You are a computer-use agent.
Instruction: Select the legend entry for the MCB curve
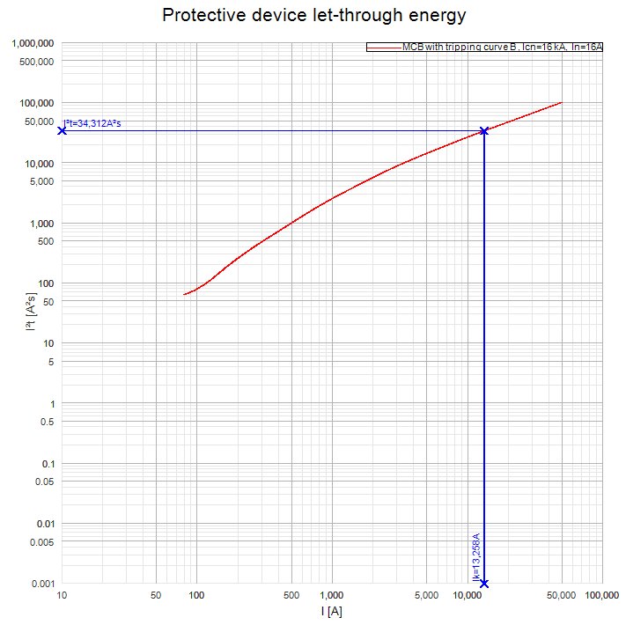tap(502, 47)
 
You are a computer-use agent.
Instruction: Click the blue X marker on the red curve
tap(484, 131)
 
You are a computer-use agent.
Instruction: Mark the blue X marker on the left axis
tap(62, 131)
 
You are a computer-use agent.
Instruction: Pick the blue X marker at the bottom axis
tap(484, 584)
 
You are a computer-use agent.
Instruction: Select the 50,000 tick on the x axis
tap(562, 596)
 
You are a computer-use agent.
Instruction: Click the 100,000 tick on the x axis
tap(601, 596)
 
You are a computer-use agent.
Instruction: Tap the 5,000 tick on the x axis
tap(426, 596)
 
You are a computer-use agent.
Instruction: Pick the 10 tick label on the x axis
tap(62, 596)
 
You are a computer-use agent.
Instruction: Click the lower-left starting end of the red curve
tap(184, 294)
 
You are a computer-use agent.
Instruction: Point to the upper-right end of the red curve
tap(561, 103)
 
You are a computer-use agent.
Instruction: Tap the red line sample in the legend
tap(384, 47)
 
